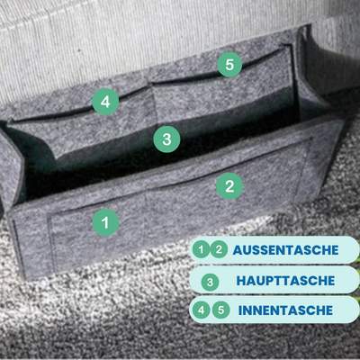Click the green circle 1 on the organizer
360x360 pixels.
(105, 222)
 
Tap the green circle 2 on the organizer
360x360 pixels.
(229, 186)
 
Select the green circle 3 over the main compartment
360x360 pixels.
(166, 139)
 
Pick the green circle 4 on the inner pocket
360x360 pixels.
(105, 102)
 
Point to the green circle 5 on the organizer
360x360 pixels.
(229, 64)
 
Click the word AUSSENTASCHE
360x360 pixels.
(285, 250)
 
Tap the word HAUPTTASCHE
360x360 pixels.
(285, 281)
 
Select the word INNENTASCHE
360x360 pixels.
(285, 310)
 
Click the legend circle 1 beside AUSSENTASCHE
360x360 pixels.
(201, 249)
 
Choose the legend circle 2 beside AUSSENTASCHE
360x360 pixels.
(219, 249)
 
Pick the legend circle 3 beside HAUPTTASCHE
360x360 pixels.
(210, 282)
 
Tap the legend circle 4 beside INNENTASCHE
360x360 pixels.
(202, 310)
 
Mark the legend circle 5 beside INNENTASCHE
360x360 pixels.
(221, 310)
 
